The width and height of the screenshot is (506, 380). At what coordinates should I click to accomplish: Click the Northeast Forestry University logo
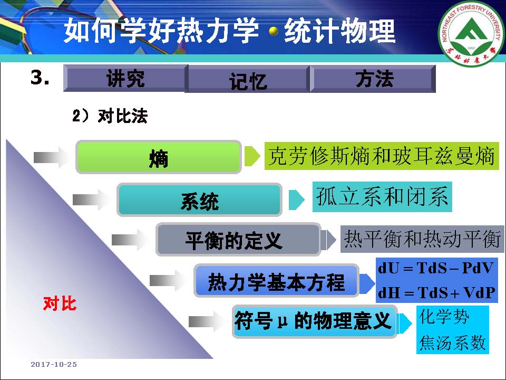(471, 33)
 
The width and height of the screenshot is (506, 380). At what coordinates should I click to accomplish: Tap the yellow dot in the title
(274, 31)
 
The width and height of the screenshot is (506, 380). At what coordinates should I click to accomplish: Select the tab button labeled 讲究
(125, 78)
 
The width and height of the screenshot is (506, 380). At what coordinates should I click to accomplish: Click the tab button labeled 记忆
(248, 79)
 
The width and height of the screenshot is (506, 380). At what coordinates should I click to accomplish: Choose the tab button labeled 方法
(373, 79)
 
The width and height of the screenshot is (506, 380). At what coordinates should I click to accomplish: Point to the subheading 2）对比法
(110, 116)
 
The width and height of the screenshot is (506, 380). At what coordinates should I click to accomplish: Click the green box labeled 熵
(159, 157)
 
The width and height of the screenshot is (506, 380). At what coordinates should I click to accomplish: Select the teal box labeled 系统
(199, 199)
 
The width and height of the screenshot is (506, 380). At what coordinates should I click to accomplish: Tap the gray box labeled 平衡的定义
(238, 240)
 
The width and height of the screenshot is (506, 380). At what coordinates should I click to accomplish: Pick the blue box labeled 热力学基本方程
(276, 280)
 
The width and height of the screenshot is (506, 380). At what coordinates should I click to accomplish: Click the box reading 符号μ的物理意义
(314, 321)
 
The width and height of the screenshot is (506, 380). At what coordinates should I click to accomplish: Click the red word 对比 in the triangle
(60, 303)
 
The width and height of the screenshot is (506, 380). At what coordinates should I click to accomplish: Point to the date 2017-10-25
(54, 365)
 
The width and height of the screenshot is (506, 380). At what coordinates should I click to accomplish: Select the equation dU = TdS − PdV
(436, 268)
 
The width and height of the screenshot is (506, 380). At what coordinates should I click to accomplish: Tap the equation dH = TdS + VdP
(436, 292)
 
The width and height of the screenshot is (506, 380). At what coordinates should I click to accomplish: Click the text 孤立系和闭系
(382, 196)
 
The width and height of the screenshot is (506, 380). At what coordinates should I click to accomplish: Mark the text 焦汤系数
(452, 343)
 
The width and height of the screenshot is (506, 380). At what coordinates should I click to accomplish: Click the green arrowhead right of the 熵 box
(252, 156)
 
